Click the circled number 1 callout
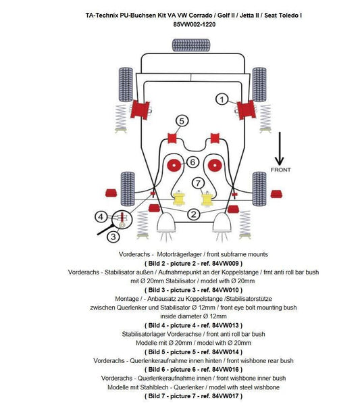tap(221, 99)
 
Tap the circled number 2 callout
tap(193, 215)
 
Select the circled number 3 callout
tap(113, 236)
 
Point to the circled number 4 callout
tap(101, 216)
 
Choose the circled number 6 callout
tap(192, 162)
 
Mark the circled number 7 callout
tap(198, 183)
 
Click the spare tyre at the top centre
tap(192, 45)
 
